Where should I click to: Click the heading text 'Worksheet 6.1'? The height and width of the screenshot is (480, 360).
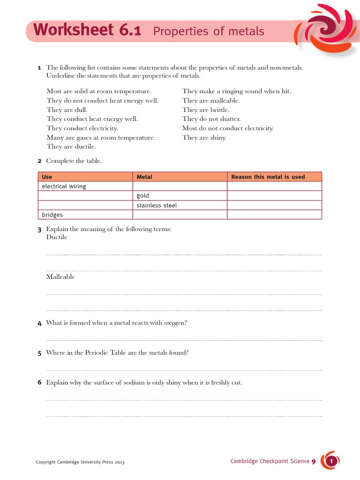point(87,30)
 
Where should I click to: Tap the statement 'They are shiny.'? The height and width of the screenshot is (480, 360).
point(204,137)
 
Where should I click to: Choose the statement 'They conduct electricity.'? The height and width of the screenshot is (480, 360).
point(82,128)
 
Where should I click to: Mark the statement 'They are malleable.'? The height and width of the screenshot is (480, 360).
point(210,100)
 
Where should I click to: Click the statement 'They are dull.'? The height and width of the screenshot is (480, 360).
point(67,110)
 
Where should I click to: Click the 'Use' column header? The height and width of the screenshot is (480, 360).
point(47,177)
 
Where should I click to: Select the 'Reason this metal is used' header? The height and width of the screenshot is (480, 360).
point(268,177)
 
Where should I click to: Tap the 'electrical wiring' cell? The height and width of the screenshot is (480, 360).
point(64,186)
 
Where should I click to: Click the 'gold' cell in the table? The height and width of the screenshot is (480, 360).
point(142,195)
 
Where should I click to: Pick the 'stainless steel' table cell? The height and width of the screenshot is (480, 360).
point(157,205)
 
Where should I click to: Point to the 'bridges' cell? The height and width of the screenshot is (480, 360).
point(52,215)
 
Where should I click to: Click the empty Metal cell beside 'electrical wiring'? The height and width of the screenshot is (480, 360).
point(180,186)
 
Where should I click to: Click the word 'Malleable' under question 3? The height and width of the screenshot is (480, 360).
point(60,277)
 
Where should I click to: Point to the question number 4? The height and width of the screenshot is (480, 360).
point(40,323)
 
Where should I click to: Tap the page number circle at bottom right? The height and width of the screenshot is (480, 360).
point(331,462)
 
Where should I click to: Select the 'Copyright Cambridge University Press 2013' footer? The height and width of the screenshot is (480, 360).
point(80,462)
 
